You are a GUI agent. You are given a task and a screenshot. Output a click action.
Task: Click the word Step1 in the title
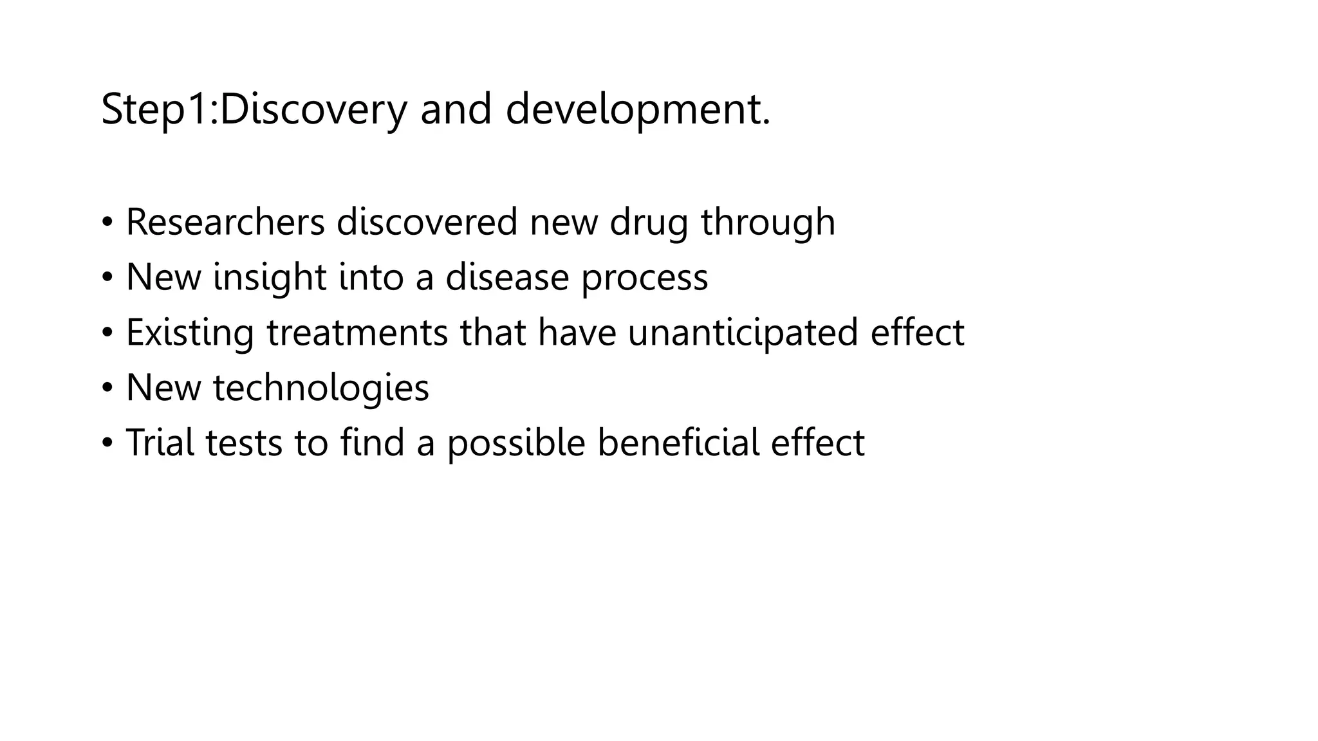pos(157,109)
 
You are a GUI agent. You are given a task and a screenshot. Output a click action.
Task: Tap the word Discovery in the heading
pos(313,109)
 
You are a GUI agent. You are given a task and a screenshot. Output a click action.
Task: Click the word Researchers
pos(225,222)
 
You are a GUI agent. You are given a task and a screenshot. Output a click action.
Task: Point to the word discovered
pos(427,222)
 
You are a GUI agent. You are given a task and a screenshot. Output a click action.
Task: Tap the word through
pos(768,222)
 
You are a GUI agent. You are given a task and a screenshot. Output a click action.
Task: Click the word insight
pos(270,278)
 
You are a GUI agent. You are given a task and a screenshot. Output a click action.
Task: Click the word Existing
pos(190,333)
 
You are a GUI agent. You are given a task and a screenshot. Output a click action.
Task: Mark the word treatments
pos(357,333)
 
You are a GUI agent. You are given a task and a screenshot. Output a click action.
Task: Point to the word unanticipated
pos(743,333)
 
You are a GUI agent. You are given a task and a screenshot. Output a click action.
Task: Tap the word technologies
pos(320,389)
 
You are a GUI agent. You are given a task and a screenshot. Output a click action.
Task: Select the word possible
pos(516,443)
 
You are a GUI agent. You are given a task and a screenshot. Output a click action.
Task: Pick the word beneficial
pos(678,443)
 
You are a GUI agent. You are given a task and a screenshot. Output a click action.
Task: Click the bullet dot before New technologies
pos(107,388)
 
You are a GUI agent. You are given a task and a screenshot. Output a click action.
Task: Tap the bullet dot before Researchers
pos(107,223)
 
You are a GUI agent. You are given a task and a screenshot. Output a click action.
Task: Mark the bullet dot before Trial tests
pos(107,443)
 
